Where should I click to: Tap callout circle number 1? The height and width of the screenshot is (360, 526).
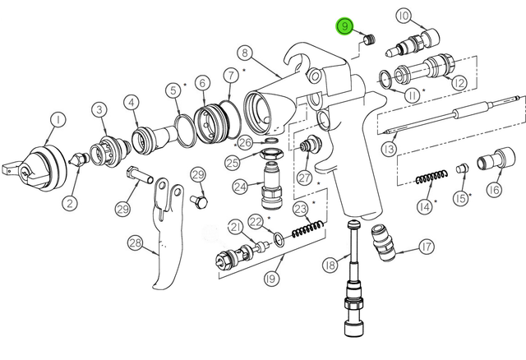click(x=58, y=121)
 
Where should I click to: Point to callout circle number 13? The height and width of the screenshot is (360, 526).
click(x=390, y=148)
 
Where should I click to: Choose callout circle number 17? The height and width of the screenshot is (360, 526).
click(x=426, y=246)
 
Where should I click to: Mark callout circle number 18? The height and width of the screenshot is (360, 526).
click(x=330, y=265)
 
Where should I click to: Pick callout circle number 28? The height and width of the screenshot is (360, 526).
click(x=135, y=242)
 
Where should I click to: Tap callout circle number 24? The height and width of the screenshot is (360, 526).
click(x=240, y=187)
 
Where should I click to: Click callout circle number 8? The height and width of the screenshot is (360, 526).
click(x=244, y=53)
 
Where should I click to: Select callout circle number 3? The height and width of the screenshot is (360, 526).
click(x=99, y=108)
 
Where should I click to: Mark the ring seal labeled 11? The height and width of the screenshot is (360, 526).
click(x=385, y=77)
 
